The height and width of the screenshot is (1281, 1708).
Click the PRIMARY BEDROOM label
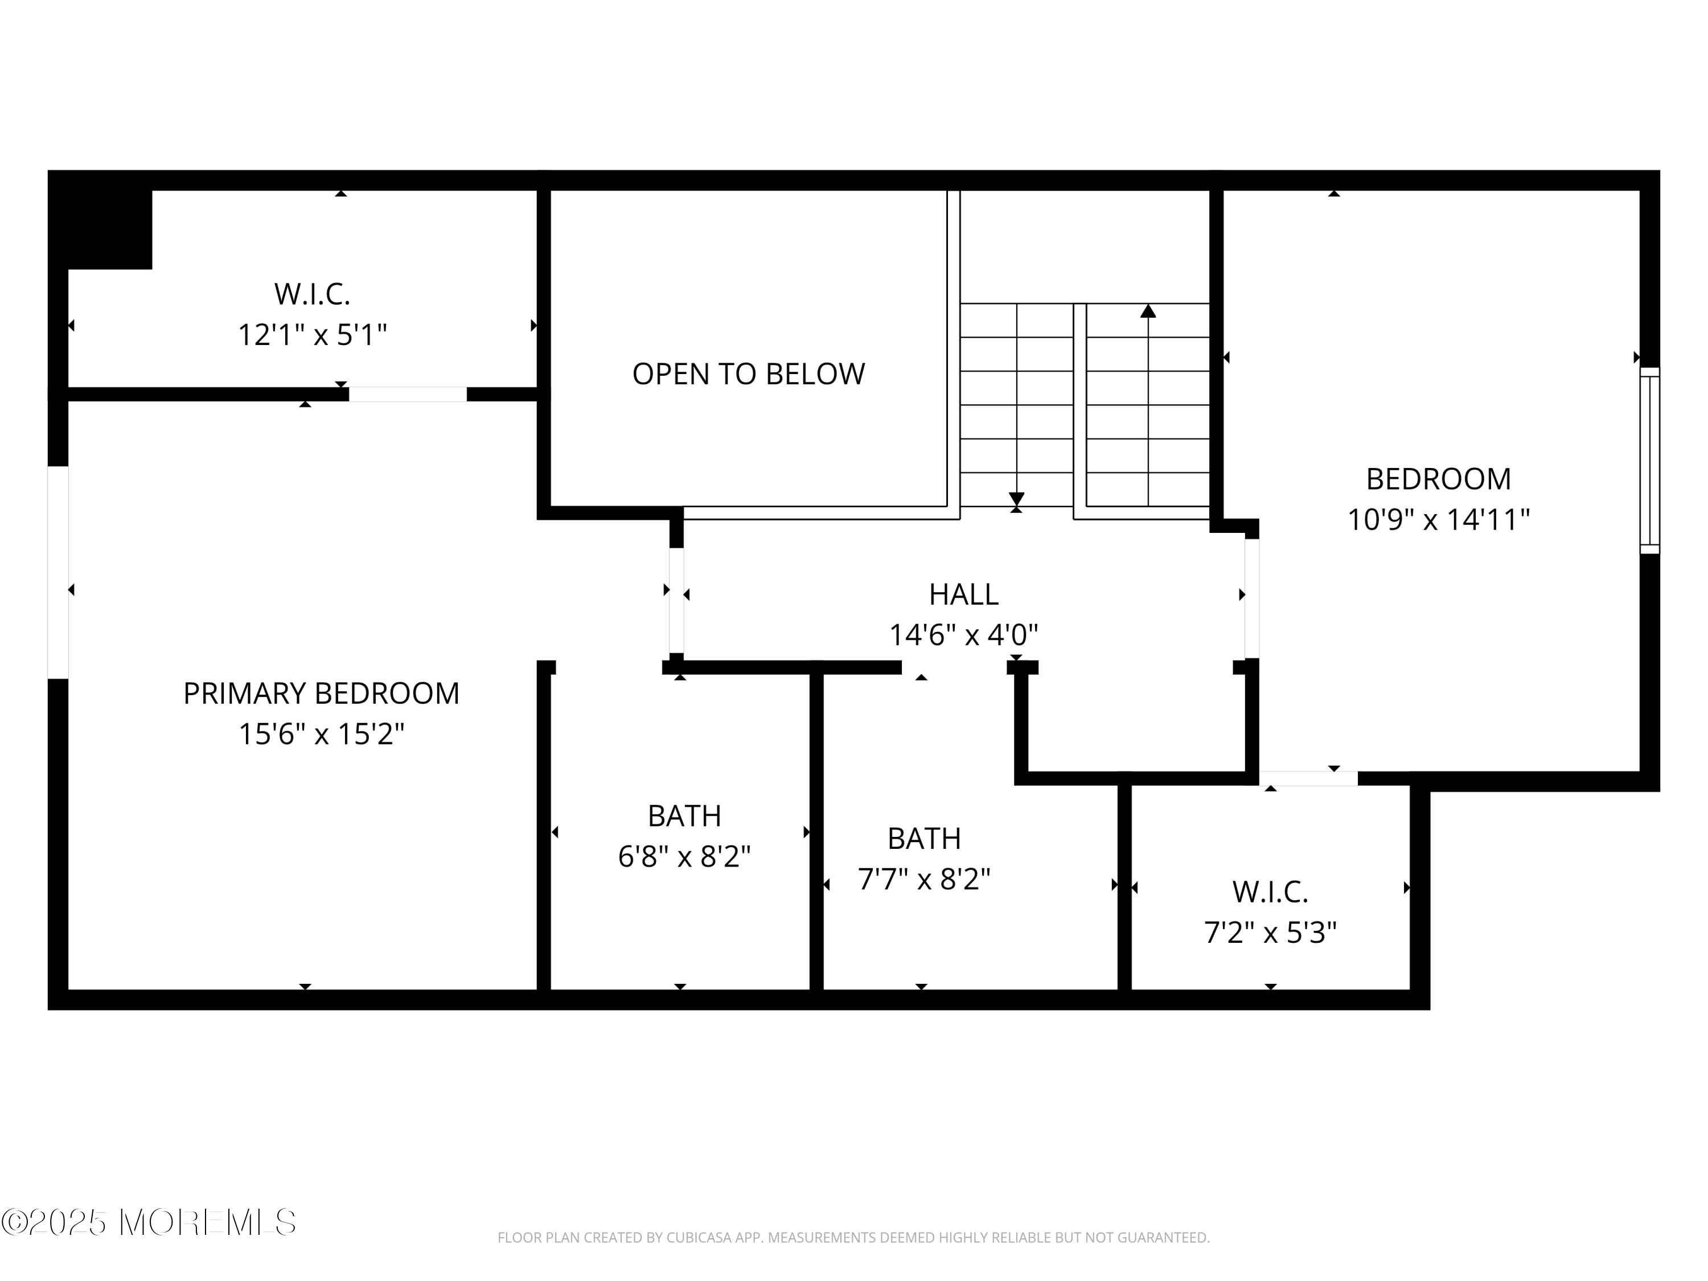321,693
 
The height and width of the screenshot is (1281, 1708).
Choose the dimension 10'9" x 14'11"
1438,520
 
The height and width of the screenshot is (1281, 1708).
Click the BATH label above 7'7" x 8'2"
923,839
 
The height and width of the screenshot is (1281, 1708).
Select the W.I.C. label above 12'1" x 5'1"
312,294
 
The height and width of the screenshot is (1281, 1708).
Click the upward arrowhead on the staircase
1148,311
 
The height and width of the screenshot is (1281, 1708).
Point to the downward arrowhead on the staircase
1016,499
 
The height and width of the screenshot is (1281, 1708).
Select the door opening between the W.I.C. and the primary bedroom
408,395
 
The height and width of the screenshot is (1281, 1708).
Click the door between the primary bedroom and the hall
676,600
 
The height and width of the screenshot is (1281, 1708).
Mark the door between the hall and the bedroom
1251,598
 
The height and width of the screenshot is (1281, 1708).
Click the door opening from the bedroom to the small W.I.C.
1309,778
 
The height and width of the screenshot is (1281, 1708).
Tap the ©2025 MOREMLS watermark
148,1222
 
